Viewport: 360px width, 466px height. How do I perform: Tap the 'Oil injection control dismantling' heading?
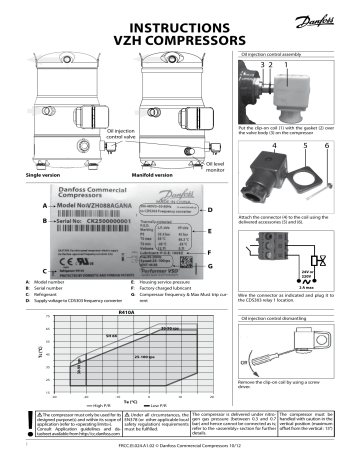click(284, 290)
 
